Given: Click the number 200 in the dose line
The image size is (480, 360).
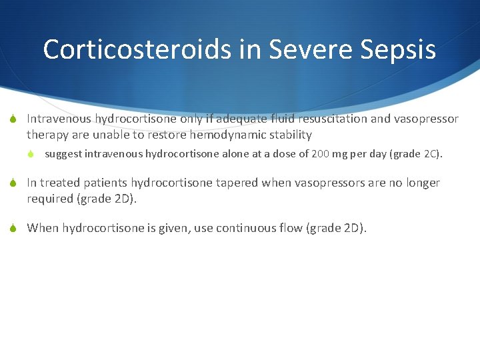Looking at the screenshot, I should pos(320,155).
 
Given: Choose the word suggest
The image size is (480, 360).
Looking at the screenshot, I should pos(63,155).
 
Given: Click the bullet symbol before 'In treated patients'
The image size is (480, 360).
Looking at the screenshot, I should pos(13,183).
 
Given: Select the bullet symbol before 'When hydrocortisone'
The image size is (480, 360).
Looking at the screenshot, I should pos(13,229).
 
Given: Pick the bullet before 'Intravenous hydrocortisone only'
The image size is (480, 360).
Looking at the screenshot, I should pos(13,119).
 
